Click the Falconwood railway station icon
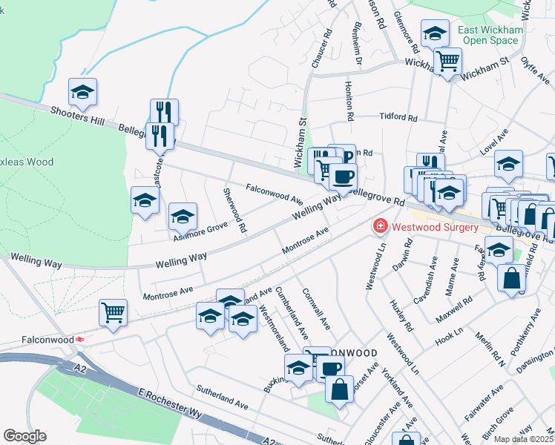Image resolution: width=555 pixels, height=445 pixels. click(x=78, y=340)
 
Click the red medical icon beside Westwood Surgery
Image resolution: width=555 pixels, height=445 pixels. click(x=380, y=225)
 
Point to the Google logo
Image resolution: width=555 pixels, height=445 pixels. click(x=24, y=435)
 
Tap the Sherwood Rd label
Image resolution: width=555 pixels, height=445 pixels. click(x=234, y=210)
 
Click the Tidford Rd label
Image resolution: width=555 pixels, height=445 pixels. click(x=398, y=117)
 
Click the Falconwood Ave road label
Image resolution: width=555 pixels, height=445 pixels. click(x=275, y=194)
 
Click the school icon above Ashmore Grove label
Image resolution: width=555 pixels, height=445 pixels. click(x=183, y=217)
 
